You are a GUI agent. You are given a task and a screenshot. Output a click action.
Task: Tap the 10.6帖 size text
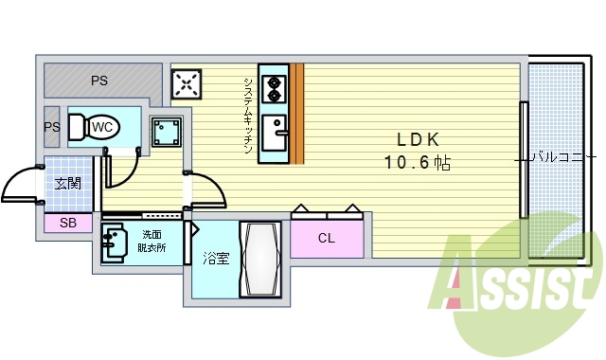point(417,162)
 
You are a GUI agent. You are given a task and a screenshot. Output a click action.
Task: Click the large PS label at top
point(98,81)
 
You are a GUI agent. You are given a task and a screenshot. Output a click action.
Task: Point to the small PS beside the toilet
point(51,126)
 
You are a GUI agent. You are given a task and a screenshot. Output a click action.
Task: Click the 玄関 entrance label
point(67,183)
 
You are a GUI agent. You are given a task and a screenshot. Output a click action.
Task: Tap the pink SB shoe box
point(68,224)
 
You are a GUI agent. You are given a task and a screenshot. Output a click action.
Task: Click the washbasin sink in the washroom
point(114,243)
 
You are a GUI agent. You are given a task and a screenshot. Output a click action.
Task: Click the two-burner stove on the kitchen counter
point(275,87)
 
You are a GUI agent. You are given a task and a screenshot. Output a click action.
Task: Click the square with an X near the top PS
point(186,83)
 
